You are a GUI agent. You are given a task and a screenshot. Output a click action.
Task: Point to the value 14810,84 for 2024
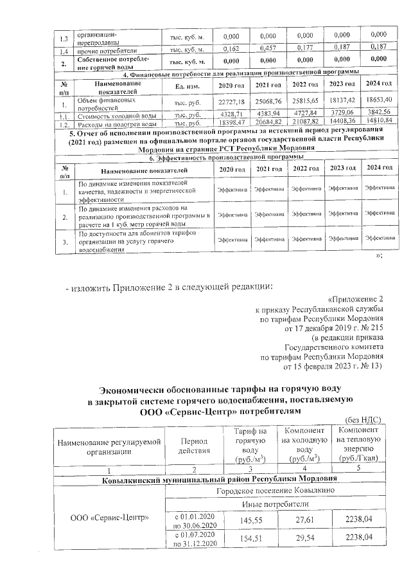(x=379, y=122)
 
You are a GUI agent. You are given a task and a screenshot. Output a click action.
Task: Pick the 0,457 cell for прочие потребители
(x=268, y=48)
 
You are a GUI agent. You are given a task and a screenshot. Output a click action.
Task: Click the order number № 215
(x=371, y=327)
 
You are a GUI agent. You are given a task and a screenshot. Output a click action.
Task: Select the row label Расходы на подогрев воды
(x=114, y=122)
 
